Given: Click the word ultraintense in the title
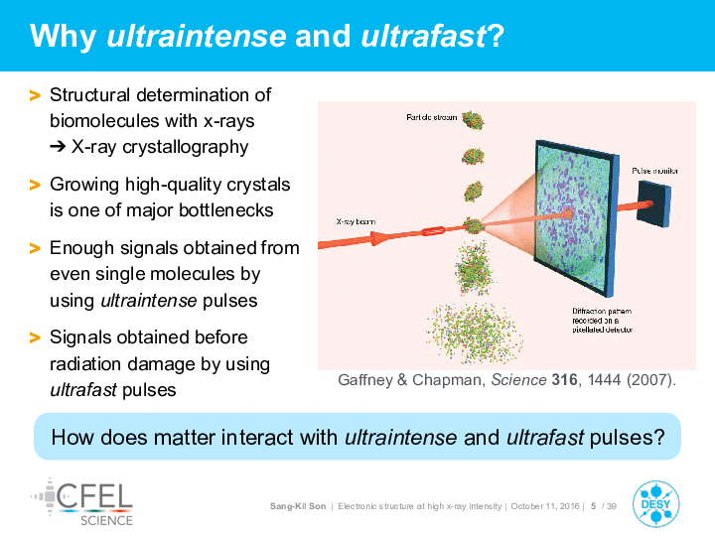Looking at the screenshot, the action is coord(197,36).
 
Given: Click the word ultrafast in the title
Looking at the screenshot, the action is coord(424,36).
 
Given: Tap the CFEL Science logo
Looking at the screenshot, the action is coord(82,502).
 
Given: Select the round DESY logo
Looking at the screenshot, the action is coord(655,503).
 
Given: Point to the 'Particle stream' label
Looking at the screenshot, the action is coord(431,117).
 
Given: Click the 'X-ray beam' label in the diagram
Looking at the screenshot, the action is coord(356,221).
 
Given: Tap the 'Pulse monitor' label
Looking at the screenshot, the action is coord(654,171).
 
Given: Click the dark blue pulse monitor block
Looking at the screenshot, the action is coord(653,203).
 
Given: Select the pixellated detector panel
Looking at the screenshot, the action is coord(577,217).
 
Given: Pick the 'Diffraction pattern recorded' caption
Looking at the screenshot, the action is coord(603,321).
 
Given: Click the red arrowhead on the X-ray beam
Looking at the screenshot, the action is coord(378,238).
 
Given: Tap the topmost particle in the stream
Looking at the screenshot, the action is coord(473,120).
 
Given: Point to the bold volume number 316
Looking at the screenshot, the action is coord(564,379).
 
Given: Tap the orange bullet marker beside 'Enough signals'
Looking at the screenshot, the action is coord(35,248).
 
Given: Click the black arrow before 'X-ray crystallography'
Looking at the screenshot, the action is coord(58,147).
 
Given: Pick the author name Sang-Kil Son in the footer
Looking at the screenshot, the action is coord(298,506).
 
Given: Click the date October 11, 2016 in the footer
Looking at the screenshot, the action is coord(545,506).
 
